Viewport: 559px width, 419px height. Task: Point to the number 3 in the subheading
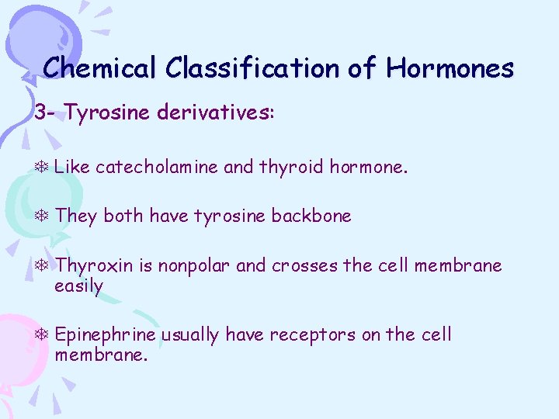click(x=40, y=113)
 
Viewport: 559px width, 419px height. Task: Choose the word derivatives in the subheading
click(x=215, y=113)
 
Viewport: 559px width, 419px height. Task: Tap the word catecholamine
click(x=157, y=166)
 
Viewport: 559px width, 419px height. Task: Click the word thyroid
click(x=291, y=166)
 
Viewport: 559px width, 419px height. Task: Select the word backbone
click(x=311, y=216)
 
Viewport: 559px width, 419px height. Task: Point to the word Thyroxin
click(x=95, y=267)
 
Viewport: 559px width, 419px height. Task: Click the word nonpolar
click(x=194, y=267)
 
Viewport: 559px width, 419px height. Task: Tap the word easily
click(x=78, y=286)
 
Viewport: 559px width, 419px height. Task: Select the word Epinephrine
click(x=106, y=336)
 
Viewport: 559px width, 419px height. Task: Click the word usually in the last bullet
click(x=189, y=336)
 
